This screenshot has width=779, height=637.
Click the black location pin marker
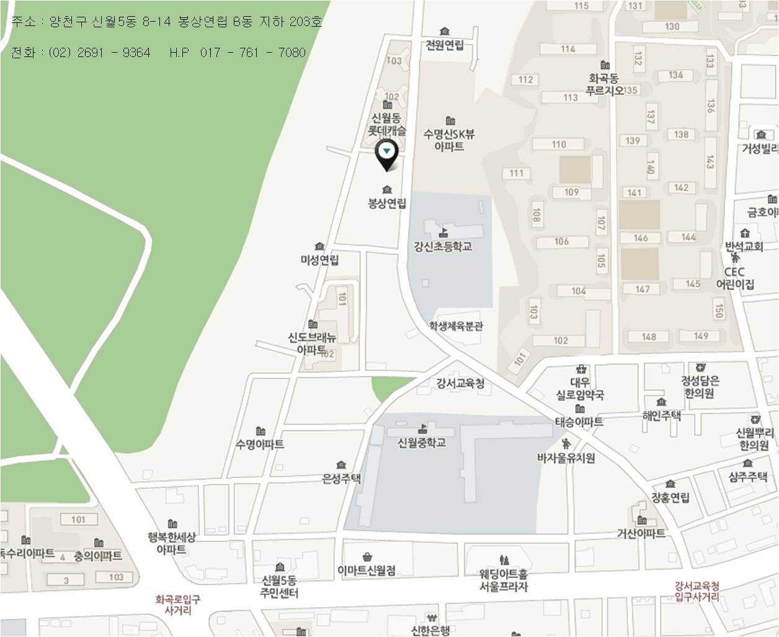pos(387,154)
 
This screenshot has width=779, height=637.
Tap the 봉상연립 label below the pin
pos(387,203)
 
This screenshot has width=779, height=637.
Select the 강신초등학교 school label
pos(443,246)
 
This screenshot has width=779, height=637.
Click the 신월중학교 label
pos(422,442)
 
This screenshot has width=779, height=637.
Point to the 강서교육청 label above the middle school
pos(460,383)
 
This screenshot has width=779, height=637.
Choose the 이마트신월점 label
pos(367,570)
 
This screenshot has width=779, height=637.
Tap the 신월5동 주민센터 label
pos(280,586)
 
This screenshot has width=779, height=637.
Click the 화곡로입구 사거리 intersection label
pos(178,605)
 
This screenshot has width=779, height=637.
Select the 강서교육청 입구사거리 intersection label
pos(697,591)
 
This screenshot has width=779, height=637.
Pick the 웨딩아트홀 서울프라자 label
pos(504,580)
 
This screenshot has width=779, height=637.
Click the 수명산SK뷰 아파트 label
pos(450,140)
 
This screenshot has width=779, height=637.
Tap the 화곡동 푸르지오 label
pos(605,84)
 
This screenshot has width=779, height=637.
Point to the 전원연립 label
pos(445,45)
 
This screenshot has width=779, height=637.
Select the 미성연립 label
pos(319,260)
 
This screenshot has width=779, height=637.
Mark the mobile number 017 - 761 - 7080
pos(253,53)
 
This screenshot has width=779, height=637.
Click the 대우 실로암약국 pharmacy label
pos(581,389)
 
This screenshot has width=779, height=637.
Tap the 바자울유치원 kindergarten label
pos(566,458)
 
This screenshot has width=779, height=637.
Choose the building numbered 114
pos(568,49)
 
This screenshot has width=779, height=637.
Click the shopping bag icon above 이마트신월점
pos(367,556)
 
